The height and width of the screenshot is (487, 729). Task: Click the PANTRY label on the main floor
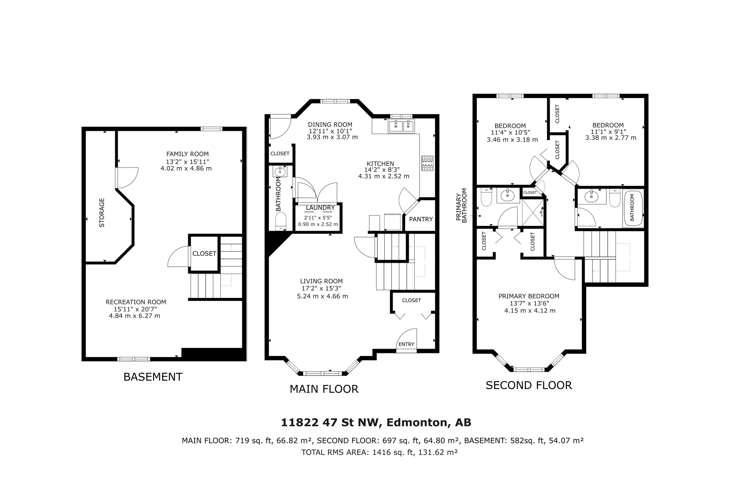tap(421, 219)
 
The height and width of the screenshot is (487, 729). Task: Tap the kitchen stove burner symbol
tap(427, 163)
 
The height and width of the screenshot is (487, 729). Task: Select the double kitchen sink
tap(401, 126)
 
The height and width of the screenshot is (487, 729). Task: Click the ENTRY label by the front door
tap(407, 344)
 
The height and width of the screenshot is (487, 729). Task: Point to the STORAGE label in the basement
tap(102, 213)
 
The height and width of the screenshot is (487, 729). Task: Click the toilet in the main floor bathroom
tap(281, 221)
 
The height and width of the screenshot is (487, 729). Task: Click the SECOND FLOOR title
tap(529, 385)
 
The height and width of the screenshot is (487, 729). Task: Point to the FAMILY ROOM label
tap(187, 154)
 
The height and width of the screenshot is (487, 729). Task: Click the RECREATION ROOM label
tap(136, 302)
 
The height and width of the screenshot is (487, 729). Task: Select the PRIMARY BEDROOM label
tap(529, 296)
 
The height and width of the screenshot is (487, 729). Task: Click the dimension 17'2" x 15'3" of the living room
tap(321, 288)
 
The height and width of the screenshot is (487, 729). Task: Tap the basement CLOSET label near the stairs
tap(204, 254)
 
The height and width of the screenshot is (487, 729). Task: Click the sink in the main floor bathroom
tap(280, 171)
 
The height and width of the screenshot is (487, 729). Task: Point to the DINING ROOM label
tap(330, 125)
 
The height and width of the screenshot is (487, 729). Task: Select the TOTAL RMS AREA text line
tap(379, 452)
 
